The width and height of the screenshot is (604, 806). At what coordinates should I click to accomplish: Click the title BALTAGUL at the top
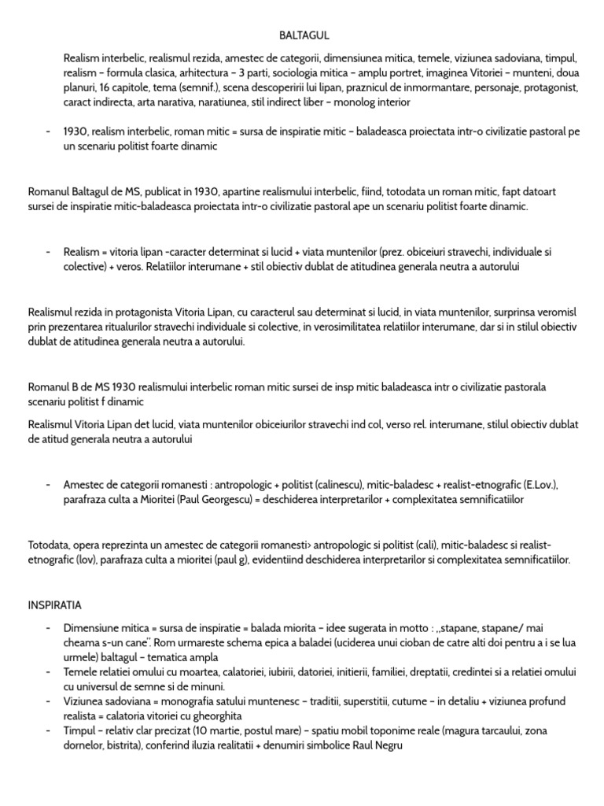coord(304,35)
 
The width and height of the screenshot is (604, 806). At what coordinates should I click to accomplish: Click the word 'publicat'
coord(169,190)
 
